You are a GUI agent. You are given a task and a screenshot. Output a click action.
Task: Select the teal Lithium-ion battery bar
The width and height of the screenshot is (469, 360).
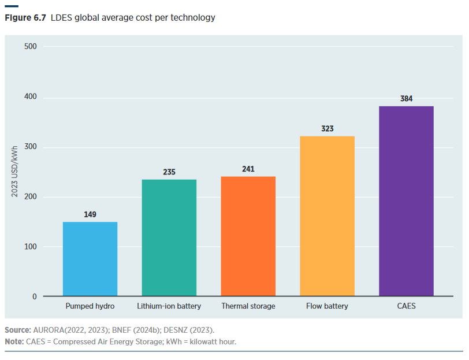click(169, 237)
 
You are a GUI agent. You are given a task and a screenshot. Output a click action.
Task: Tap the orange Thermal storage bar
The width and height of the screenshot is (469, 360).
click(248, 236)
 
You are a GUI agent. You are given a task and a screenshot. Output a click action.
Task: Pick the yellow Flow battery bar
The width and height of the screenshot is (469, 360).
click(327, 216)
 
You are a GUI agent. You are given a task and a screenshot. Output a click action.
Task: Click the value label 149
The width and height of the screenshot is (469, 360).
click(90, 214)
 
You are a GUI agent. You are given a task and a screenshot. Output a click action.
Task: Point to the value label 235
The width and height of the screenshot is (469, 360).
click(169, 172)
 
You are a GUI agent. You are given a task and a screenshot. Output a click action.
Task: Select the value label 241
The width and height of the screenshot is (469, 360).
click(248, 169)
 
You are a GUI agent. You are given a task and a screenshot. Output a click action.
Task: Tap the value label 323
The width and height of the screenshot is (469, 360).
click(327, 129)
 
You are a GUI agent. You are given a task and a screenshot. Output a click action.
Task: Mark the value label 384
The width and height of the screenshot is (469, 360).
click(407, 99)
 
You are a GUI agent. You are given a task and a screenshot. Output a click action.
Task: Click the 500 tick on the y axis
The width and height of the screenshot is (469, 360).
click(31, 47)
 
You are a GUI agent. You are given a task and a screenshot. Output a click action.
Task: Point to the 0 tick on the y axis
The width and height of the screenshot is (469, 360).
click(34, 296)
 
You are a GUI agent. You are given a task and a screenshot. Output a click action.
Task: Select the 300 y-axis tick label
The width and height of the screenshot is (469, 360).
click(31, 147)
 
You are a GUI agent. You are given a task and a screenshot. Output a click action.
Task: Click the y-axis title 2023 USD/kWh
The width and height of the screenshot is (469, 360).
click(14, 171)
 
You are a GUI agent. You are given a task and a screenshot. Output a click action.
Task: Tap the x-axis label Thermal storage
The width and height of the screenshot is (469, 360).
click(248, 306)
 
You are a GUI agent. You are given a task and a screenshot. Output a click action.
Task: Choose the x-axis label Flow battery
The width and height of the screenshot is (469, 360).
click(327, 306)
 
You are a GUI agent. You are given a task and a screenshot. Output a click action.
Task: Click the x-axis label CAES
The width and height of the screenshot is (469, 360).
click(407, 306)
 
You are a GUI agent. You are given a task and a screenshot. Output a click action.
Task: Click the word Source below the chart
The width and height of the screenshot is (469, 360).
click(17, 330)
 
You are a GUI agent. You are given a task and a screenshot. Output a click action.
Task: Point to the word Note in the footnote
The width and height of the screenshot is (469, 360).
click(14, 342)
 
